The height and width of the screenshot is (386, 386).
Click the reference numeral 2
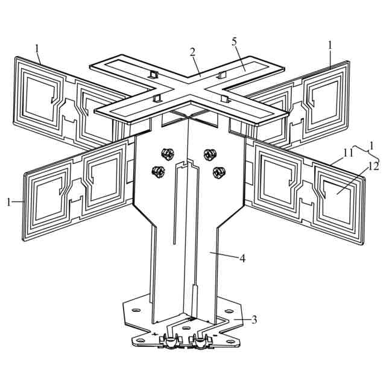click(192, 51)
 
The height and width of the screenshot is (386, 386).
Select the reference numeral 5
click(235, 42)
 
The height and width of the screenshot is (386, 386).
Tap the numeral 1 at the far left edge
click(9, 202)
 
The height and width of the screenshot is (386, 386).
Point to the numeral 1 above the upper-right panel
click(330, 45)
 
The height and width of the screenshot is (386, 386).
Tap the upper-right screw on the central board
click(209, 152)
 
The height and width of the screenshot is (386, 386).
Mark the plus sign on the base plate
click(156, 334)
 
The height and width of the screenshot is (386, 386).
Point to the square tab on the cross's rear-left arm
click(152, 74)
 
